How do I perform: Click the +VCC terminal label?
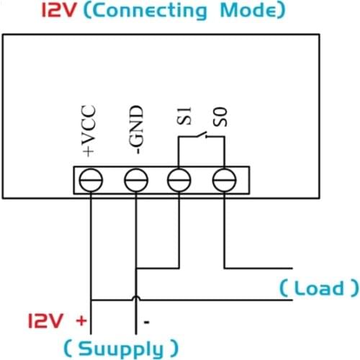(x=90, y=132)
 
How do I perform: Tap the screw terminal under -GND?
(x=135, y=179)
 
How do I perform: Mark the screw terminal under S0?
(x=224, y=179)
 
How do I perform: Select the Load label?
(x=318, y=289)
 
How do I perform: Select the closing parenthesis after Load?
(x=353, y=289)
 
